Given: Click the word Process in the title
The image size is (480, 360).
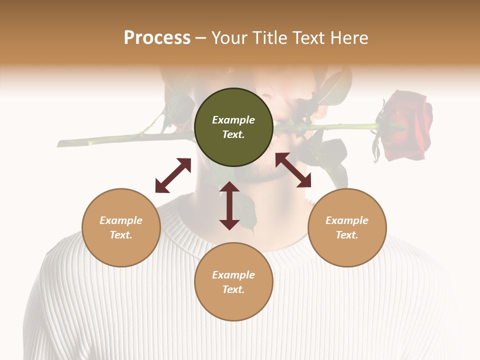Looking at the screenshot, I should [157, 38].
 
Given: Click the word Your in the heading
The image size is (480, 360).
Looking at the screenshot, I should [229, 38].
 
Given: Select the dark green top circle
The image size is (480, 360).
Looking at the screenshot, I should [233, 145].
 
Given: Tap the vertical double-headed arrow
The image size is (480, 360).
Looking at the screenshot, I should [229, 205].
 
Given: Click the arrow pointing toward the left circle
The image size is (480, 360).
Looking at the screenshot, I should [173, 175].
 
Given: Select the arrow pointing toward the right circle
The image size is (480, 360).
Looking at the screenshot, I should [293, 170].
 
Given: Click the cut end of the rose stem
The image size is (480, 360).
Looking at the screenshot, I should [60, 144].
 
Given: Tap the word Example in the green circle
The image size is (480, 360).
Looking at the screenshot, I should [233, 120].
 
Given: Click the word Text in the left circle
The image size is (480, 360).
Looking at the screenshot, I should [121, 235].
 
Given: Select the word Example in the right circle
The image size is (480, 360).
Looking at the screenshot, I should [347, 220].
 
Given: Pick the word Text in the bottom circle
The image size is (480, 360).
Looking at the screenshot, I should [233, 289].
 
